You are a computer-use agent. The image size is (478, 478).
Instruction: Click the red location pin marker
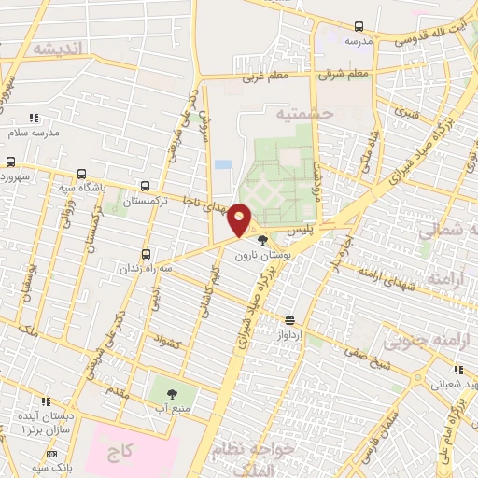pos(240,220)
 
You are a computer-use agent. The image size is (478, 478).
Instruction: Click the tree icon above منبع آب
pos(174,393)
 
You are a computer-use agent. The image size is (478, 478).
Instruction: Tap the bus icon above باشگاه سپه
pos(82,174)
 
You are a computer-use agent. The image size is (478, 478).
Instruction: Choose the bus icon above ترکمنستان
pos(144,186)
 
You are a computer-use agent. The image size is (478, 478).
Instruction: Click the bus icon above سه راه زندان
pos(145,253)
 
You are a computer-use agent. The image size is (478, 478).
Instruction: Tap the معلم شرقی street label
pos(344,73)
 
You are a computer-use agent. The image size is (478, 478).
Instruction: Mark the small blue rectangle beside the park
pos(222,164)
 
